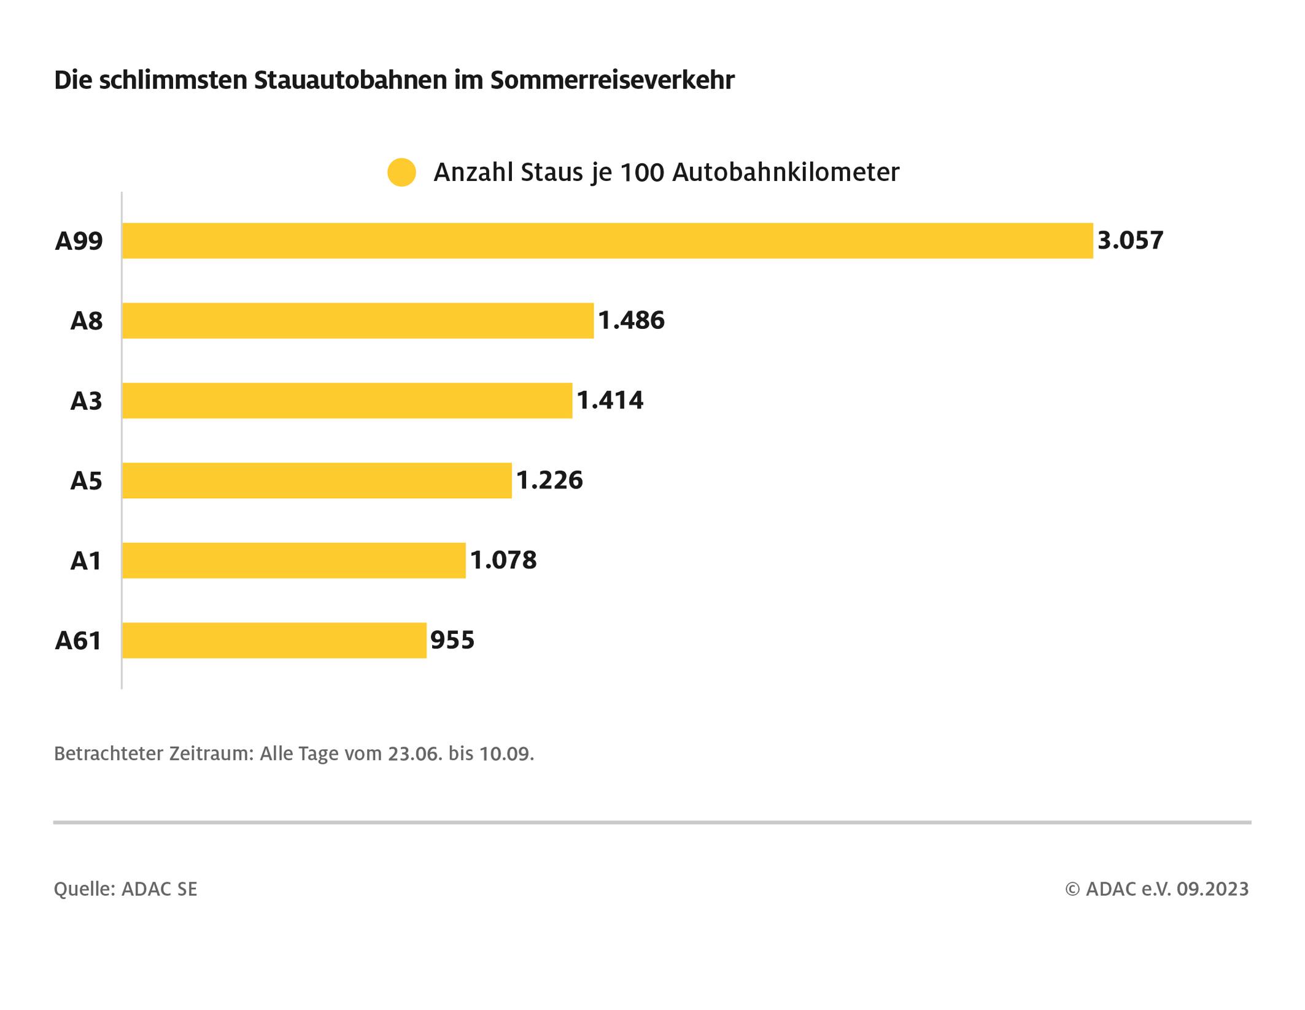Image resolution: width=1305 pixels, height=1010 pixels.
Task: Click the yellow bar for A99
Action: [x=608, y=241]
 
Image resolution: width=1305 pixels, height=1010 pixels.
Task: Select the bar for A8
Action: [x=358, y=320]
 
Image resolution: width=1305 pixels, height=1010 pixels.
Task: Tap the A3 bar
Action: [x=347, y=401]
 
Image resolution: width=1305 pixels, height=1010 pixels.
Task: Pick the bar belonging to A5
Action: [x=317, y=480]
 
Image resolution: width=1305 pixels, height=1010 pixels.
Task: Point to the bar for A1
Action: [x=293, y=560]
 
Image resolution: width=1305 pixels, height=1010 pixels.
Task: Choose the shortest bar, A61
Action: [x=274, y=641]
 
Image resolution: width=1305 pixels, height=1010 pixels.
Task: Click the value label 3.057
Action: [x=1130, y=241]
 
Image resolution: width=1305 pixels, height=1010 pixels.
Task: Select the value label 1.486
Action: [x=631, y=320]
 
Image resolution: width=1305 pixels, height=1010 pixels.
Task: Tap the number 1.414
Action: [x=610, y=401]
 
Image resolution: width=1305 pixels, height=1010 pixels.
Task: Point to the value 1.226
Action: [x=549, y=480]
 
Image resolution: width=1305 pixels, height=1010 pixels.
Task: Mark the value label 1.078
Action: [x=503, y=560]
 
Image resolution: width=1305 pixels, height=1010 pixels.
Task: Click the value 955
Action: [x=452, y=641]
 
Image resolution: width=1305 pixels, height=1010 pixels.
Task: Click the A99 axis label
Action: [x=79, y=241]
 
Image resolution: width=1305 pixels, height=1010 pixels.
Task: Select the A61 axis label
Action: [x=78, y=641]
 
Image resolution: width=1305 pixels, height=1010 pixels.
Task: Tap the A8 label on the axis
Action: [x=87, y=322]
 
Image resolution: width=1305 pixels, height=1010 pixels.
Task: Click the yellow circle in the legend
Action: [x=401, y=172]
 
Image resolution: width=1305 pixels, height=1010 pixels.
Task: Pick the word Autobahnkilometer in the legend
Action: [x=786, y=172]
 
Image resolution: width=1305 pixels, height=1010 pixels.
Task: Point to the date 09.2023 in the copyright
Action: [x=1212, y=889]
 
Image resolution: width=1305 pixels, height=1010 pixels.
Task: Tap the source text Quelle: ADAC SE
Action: [x=126, y=889]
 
